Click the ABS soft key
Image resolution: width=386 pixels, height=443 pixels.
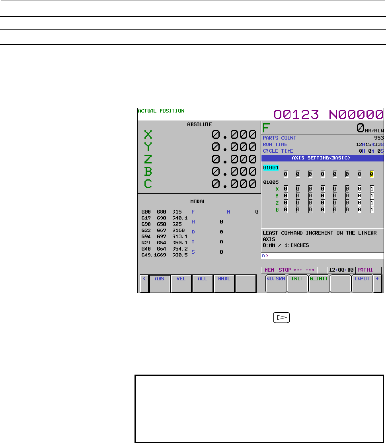click(x=160, y=284)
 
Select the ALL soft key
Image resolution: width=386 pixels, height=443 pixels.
click(x=203, y=284)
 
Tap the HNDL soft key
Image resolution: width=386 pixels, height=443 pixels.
click(x=224, y=284)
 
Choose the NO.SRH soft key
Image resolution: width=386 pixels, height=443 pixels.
click(x=276, y=284)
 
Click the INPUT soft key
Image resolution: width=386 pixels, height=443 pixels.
click(x=362, y=284)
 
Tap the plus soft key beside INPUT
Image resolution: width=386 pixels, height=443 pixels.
click(x=377, y=284)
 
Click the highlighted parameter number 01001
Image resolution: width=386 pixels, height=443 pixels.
click(x=271, y=167)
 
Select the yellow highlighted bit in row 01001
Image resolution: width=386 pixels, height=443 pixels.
click(x=372, y=174)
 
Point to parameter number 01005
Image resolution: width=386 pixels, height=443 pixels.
click(x=271, y=182)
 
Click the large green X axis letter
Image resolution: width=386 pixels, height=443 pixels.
click(x=148, y=134)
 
